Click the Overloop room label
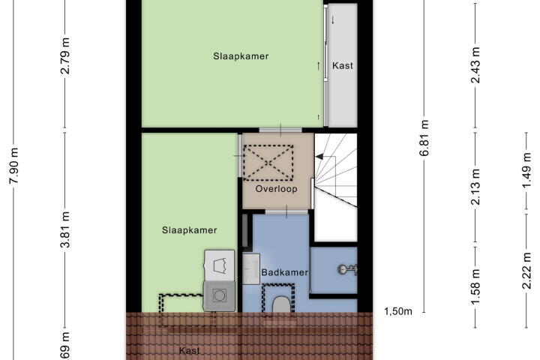click(x=276, y=189)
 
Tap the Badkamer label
click(x=284, y=272)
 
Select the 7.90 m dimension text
click(x=14, y=166)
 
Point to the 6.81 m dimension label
click(x=424, y=138)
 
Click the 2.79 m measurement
click(x=65, y=55)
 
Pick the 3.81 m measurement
click(x=65, y=229)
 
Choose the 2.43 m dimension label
click(x=475, y=64)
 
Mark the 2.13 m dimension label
click(x=475, y=186)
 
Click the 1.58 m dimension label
click(x=475, y=287)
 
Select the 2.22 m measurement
click(x=527, y=271)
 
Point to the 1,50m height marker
click(x=398, y=311)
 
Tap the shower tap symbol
click(x=347, y=269)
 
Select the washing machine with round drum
click(x=219, y=296)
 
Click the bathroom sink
click(x=251, y=268)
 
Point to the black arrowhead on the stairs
click(x=319, y=157)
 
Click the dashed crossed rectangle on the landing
click(x=268, y=163)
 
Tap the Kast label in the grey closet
click(x=342, y=65)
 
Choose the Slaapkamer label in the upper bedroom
click(x=241, y=56)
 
